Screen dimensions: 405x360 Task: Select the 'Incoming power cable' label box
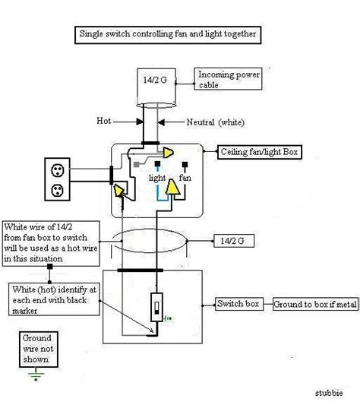pyautogui.click(x=226, y=80)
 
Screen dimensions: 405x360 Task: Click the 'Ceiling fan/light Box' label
pyautogui.click(x=257, y=151)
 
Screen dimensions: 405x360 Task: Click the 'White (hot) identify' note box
pyautogui.click(x=52, y=298)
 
